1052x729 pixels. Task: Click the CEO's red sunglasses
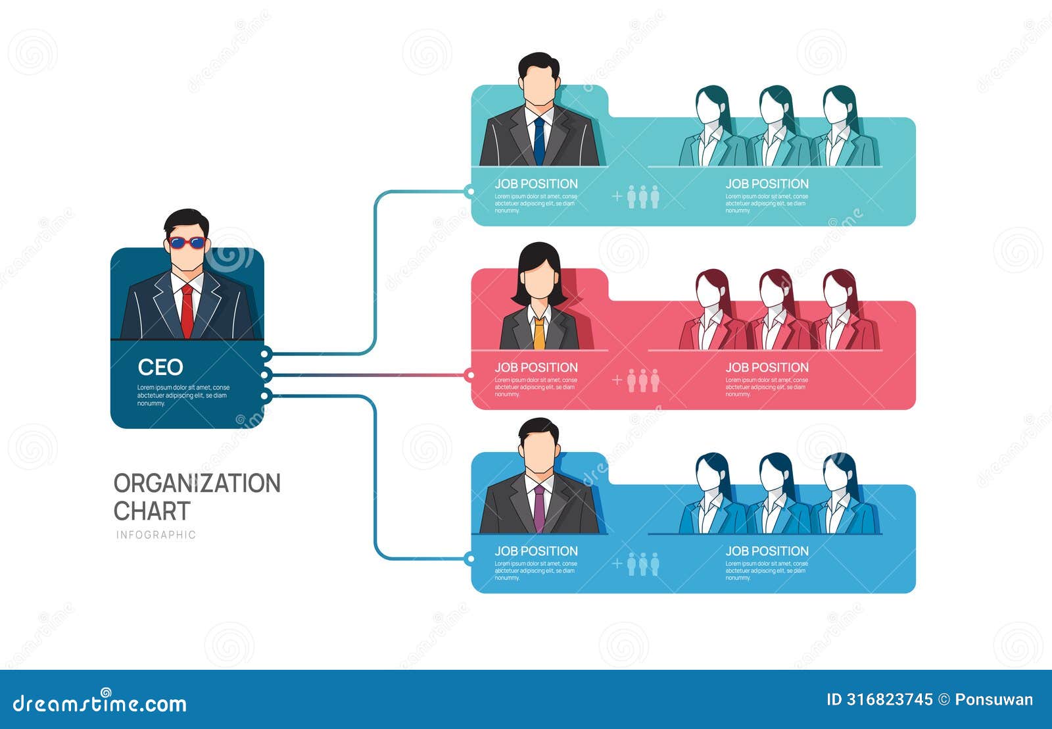(x=186, y=243)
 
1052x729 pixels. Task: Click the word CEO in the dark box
(x=160, y=367)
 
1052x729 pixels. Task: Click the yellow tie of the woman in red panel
(x=539, y=332)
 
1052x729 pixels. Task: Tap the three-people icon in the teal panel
(x=642, y=197)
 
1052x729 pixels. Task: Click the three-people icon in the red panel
(x=642, y=380)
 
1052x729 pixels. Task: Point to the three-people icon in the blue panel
(x=642, y=564)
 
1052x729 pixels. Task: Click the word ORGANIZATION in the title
(x=197, y=484)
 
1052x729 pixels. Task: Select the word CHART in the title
(x=152, y=511)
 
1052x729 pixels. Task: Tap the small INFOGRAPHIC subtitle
(x=156, y=535)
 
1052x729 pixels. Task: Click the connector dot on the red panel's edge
(x=469, y=376)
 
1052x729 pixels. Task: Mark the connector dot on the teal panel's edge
(x=469, y=191)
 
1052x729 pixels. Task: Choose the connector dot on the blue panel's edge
(x=469, y=559)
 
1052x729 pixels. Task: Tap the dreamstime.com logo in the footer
(x=100, y=703)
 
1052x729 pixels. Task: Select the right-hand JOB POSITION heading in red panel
(x=767, y=368)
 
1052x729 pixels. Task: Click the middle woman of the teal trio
(x=777, y=128)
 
